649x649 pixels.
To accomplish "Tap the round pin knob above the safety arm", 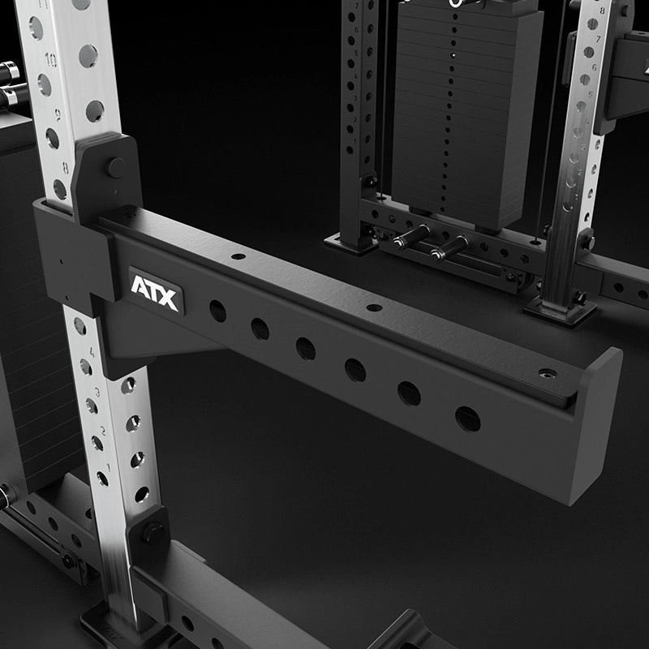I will (x=116, y=168).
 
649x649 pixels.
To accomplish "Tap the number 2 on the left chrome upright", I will (x=100, y=429).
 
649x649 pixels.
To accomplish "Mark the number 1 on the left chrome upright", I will (x=104, y=467).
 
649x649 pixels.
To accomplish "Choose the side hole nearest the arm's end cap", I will (x=468, y=419).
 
